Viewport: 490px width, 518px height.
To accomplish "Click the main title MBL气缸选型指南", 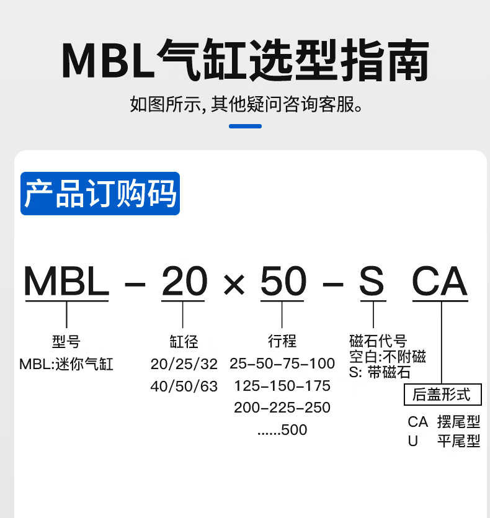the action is (245, 61).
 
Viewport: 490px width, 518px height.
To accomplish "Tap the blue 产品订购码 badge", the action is (100, 194).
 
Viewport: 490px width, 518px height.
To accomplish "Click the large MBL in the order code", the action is (66, 282).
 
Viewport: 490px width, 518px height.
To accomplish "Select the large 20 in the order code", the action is (184, 282).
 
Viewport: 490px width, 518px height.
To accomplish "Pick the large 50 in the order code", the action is (283, 282).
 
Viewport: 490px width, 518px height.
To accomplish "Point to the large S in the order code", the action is (372, 282).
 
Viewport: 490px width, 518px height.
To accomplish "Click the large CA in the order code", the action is (440, 282).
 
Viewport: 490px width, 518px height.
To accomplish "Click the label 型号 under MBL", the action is (66, 341).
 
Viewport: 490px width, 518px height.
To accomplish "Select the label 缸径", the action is (184, 341).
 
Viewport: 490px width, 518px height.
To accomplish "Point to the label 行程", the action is (283, 341).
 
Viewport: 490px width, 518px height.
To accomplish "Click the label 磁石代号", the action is (378, 341).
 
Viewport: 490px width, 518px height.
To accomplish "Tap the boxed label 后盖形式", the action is (441, 394).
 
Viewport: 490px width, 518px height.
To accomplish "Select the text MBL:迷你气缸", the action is (66, 364).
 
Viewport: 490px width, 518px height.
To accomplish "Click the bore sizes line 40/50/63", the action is (184, 386).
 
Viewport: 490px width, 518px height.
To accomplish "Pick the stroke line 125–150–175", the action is (282, 386).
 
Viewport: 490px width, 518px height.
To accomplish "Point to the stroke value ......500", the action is (282, 430).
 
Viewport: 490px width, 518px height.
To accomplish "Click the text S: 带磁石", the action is (380, 372).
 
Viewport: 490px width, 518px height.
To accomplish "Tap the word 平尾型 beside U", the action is (458, 441).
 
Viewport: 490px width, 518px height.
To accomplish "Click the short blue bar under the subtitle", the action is (245, 126).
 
